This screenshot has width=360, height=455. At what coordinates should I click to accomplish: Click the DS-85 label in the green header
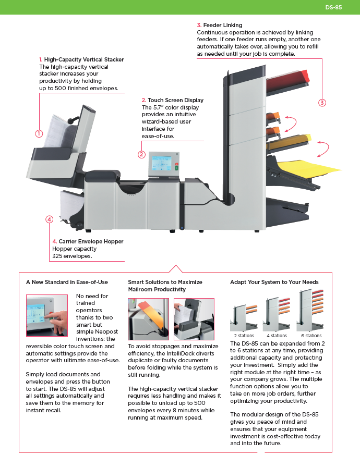[333, 7]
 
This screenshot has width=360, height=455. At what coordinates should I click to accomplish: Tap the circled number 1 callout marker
[39, 133]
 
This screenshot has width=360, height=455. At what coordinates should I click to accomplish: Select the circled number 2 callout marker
[141, 154]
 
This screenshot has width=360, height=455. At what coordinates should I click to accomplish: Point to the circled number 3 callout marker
[322, 103]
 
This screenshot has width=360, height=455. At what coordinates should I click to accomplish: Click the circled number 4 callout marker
[50, 219]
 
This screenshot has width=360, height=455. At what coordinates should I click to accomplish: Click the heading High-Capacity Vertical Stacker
[84, 59]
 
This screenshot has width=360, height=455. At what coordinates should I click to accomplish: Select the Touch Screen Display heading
[175, 100]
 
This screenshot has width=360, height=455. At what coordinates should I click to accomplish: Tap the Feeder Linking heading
[223, 25]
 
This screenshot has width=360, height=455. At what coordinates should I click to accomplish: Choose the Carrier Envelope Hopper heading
[91, 241]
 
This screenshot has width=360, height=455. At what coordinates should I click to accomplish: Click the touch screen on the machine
[162, 164]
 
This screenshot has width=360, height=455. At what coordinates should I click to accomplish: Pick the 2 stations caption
[244, 336]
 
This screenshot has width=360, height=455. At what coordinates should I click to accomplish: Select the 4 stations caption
[277, 336]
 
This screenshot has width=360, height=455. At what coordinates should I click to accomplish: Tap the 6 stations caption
[311, 336]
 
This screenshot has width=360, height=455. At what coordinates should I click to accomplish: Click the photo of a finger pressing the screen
[47, 315]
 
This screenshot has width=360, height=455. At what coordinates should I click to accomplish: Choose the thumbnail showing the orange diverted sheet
[148, 319]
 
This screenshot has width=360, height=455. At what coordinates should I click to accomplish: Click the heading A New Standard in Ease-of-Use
[67, 282]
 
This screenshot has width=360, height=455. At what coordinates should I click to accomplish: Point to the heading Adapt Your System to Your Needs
[274, 282]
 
